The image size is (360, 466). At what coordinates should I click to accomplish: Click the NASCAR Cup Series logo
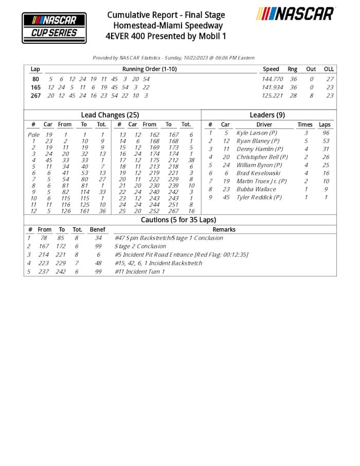tap(54, 27)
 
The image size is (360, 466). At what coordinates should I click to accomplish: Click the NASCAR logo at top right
tap(296, 14)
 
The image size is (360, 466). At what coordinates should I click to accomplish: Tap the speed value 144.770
tap(273, 79)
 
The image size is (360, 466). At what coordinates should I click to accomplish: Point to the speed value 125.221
tap(273, 95)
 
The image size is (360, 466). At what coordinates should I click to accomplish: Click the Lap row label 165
tap(35, 87)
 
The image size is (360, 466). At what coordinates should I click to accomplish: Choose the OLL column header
tap(329, 69)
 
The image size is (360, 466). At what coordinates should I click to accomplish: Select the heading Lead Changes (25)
tap(110, 115)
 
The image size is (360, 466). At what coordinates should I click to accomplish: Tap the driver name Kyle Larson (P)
tap(257, 133)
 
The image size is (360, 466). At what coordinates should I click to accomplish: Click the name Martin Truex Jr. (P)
tap(261, 181)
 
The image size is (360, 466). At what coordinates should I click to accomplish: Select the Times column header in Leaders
tap(305, 124)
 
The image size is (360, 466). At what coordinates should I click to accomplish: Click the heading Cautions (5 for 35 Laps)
tap(179, 220)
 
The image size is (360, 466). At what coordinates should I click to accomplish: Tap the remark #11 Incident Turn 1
tap(140, 271)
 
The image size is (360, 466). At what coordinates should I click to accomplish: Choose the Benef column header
tap(98, 229)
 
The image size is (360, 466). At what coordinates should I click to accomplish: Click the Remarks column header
tap(224, 229)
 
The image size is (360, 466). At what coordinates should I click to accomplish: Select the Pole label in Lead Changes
tap(33, 135)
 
